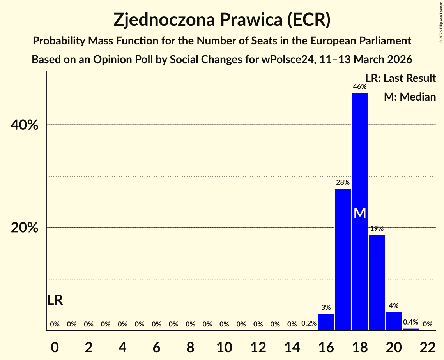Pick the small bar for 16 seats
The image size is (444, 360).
coord(325,322)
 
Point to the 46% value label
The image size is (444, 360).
coord(359,87)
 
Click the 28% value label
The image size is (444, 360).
coord(343,182)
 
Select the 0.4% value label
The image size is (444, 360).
coord(410,322)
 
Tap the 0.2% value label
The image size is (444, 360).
coord(309,323)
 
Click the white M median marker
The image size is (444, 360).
coord(360,213)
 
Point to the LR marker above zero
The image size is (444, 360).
coord(55,300)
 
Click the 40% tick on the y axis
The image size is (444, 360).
coord(24,125)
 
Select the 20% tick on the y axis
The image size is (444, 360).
coord(24,228)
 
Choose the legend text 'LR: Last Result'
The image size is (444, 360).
coord(400,78)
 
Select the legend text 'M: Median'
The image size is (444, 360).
coord(410,97)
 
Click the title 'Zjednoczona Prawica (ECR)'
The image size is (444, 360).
coord(222,20)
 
